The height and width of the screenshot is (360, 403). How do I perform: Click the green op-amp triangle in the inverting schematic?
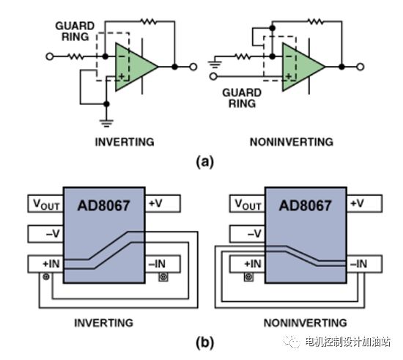(133, 67)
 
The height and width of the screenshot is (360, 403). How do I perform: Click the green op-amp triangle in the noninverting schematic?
(300, 67)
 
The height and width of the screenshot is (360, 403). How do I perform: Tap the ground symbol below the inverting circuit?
(106, 123)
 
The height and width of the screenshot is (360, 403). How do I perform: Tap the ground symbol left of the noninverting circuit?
(215, 65)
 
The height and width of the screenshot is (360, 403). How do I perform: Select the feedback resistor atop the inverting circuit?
(149, 21)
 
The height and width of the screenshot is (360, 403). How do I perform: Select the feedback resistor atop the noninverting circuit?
(316, 21)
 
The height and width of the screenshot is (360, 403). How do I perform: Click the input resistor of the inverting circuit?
(75, 56)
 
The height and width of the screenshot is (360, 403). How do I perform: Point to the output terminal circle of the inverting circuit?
(193, 67)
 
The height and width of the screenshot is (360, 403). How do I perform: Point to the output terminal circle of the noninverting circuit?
(361, 67)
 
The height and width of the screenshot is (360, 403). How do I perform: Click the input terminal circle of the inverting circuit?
(50, 56)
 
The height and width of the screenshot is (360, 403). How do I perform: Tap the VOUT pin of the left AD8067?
(45, 204)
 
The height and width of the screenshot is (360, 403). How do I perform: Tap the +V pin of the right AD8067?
(364, 204)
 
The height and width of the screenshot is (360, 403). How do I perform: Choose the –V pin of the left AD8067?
(45, 234)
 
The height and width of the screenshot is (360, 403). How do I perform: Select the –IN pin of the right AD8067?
(364, 264)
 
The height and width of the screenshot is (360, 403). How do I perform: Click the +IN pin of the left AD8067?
(45, 264)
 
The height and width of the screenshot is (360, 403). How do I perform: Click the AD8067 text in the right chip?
(306, 205)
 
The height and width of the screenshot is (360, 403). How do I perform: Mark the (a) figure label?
(205, 162)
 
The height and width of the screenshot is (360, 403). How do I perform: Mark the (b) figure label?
(205, 343)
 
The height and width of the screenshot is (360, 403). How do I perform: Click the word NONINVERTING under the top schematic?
(292, 142)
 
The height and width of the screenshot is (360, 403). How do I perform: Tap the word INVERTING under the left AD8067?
(104, 323)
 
